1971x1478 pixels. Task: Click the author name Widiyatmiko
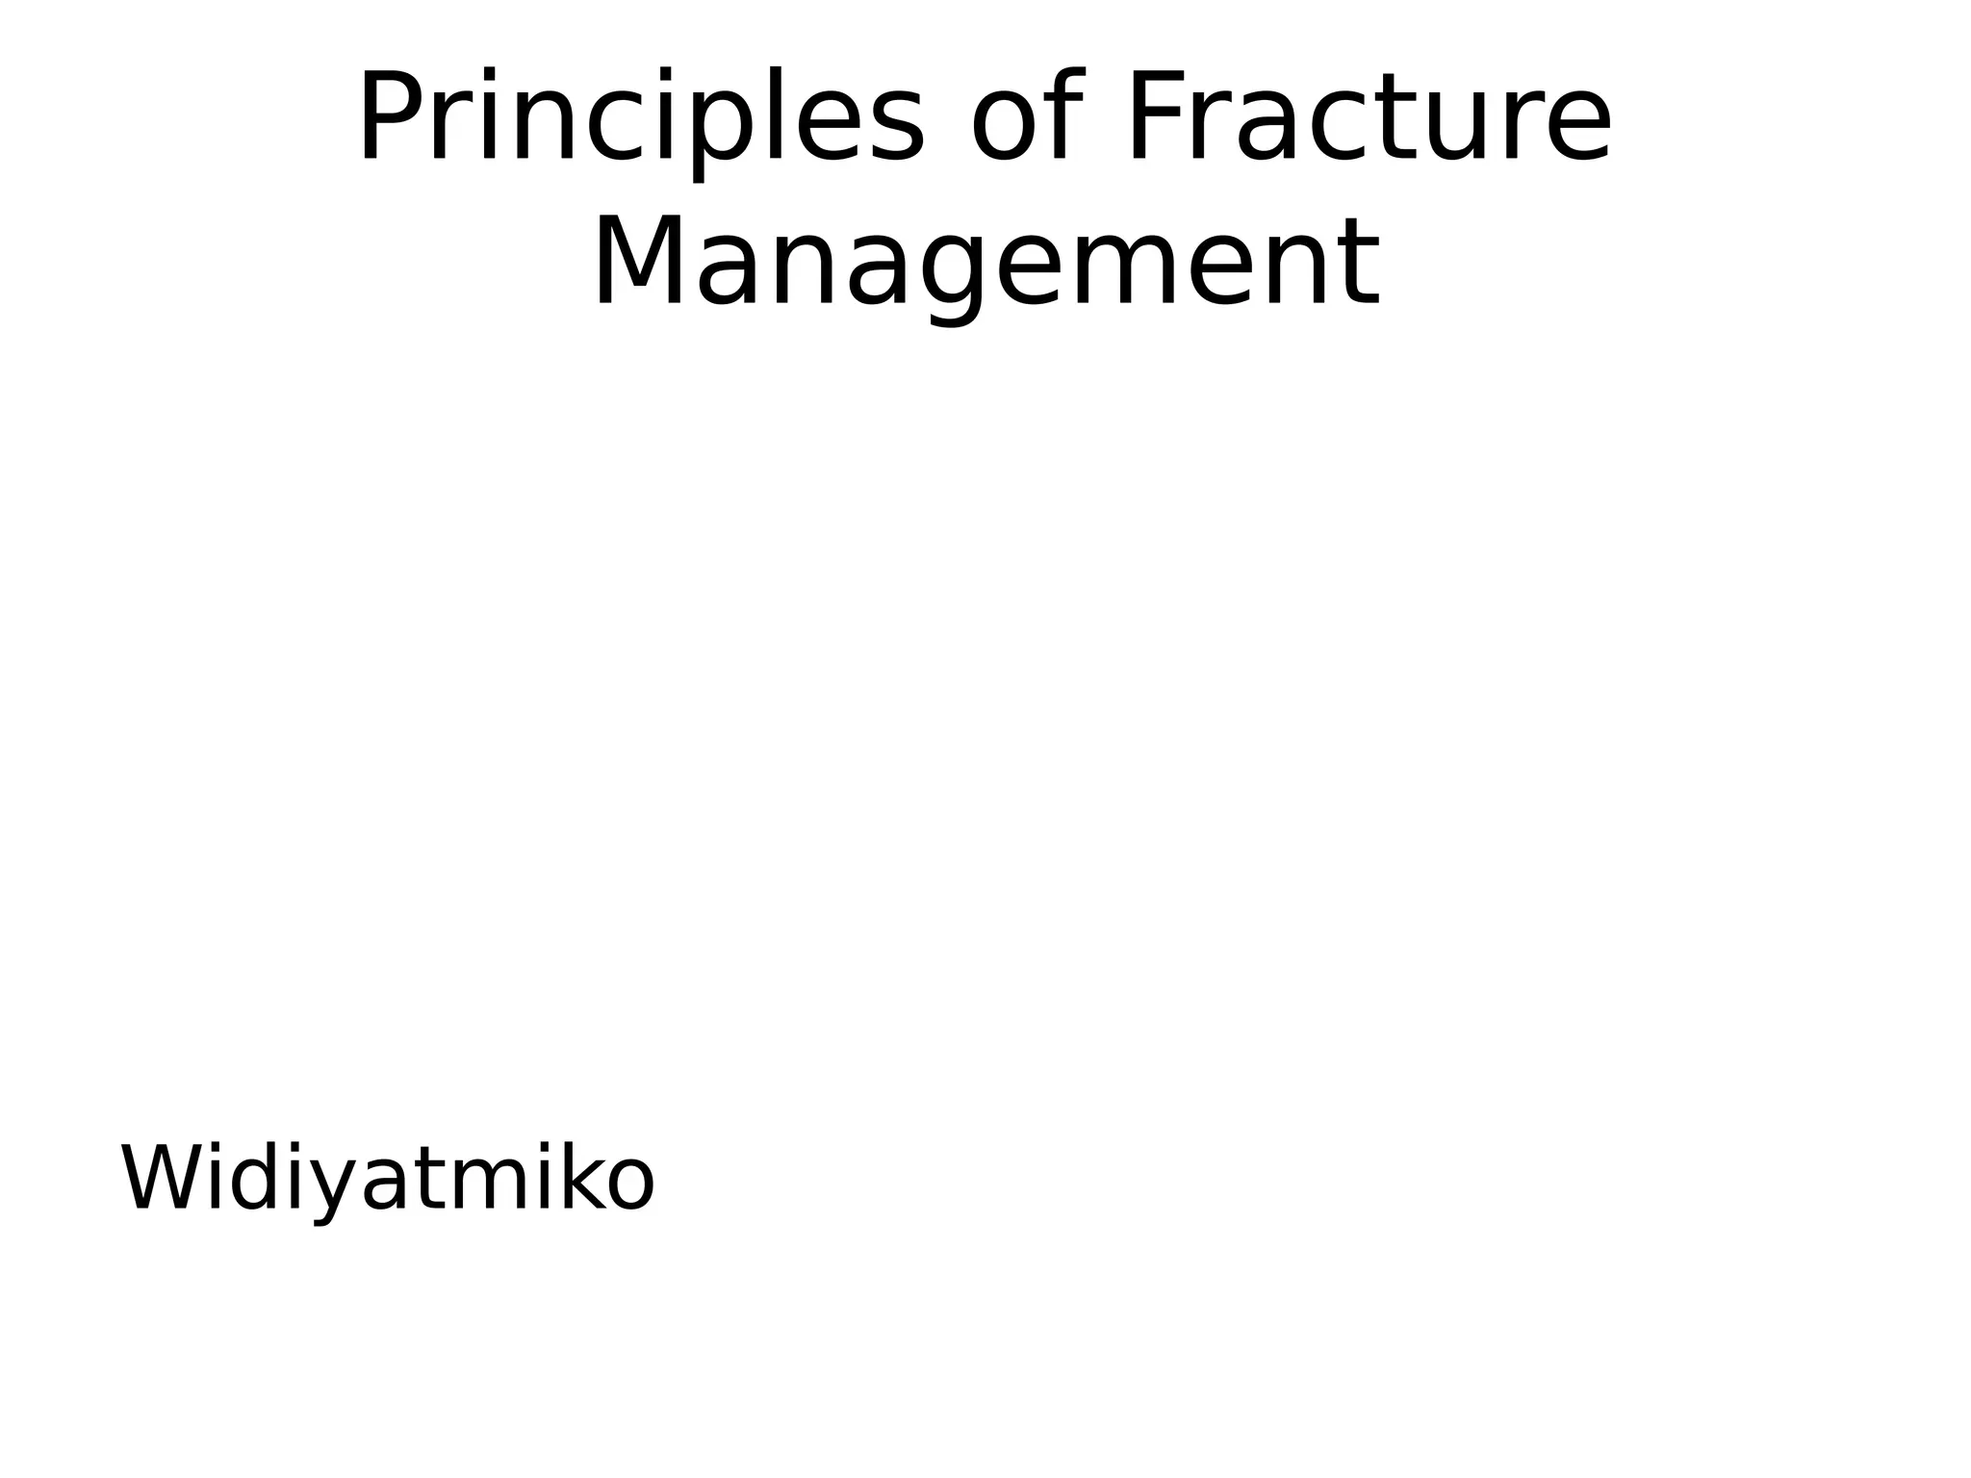coord(387,1180)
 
